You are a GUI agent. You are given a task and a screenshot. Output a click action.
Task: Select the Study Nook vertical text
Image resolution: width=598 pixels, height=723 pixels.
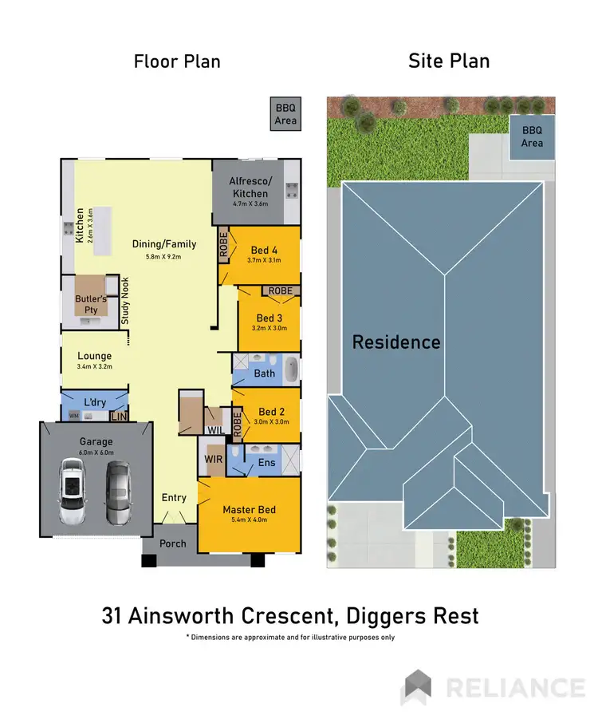125,301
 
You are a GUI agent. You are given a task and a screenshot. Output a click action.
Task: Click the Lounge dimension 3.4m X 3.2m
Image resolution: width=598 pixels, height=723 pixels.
94,367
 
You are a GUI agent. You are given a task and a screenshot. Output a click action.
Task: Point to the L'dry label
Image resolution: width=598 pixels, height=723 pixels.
94,401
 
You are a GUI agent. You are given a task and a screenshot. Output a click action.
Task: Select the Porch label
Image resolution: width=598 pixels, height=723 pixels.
172,543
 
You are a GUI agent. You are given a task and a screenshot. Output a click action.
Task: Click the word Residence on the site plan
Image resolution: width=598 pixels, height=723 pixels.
396,342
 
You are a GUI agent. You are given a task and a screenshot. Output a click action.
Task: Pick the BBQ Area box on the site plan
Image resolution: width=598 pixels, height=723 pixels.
532,137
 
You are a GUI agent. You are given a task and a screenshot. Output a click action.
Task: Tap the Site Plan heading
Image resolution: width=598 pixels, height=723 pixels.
449,61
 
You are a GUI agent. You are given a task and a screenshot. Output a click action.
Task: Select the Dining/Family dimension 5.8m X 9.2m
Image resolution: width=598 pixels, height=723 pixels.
163,257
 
